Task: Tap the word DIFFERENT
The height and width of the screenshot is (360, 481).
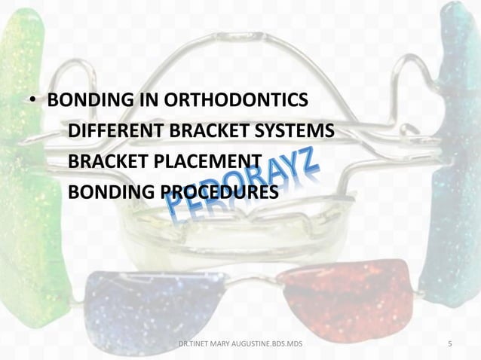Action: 110,133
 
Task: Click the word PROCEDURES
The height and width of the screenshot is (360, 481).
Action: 220,194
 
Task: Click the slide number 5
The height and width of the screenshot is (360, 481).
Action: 450,345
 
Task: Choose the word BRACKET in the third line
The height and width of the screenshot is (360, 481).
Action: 111,163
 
